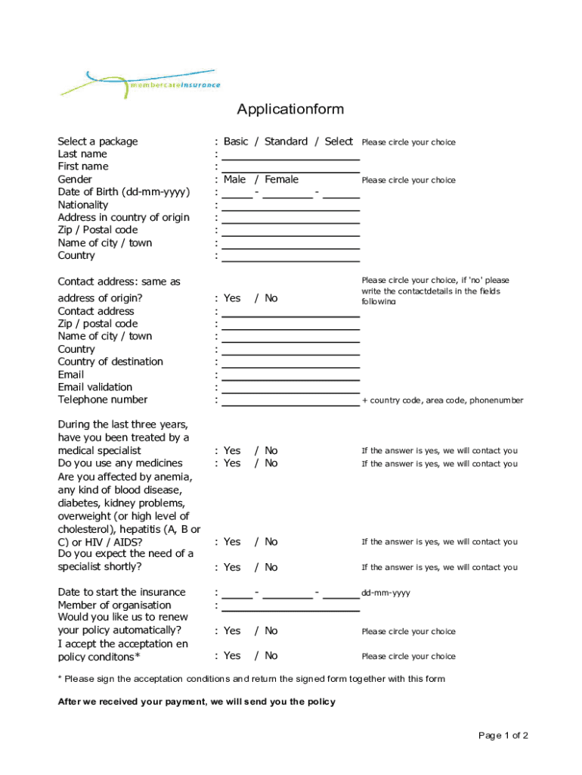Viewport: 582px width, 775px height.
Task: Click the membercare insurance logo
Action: [x=141, y=83]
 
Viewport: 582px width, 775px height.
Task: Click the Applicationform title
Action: [x=290, y=110]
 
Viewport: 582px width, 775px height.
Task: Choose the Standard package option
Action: [x=286, y=142]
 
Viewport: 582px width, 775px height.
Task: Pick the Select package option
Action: [x=339, y=142]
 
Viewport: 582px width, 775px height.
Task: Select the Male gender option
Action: [x=234, y=179]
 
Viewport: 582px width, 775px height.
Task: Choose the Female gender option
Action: [x=281, y=179]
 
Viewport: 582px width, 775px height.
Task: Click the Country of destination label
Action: [x=110, y=362]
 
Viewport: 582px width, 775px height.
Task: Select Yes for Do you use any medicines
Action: [x=232, y=463]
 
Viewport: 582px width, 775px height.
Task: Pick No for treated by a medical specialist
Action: [x=271, y=450]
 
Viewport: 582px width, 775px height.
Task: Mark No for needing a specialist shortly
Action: [x=271, y=567]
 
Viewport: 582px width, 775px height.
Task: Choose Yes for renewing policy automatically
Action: [x=232, y=630]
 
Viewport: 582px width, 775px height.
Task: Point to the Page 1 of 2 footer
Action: [x=503, y=736]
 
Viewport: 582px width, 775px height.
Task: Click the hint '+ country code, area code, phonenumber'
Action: [x=442, y=400]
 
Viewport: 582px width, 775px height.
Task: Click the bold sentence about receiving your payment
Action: [x=197, y=702]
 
